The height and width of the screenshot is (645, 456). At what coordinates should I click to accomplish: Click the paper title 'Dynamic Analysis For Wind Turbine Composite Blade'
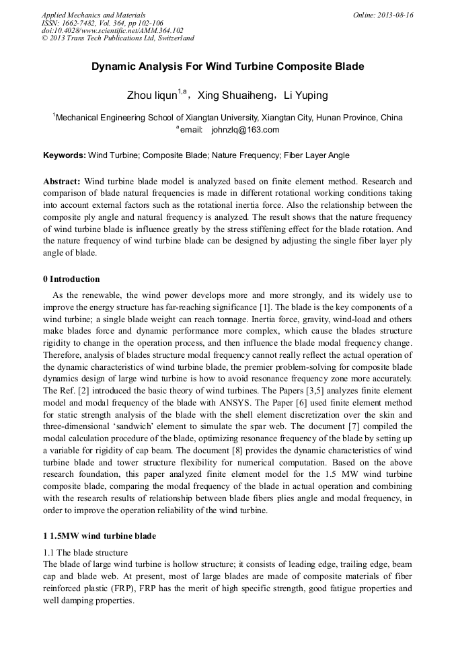coord(227,67)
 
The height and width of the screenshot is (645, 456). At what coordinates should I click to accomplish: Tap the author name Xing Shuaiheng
coord(233,96)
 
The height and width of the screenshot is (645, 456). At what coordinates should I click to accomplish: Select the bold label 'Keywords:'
coord(64,155)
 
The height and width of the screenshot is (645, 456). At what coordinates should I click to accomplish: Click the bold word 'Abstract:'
coord(62,182)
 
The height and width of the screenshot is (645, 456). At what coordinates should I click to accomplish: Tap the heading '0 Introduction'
coord(71,278)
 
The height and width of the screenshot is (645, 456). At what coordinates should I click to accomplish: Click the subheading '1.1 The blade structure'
coord(85,552)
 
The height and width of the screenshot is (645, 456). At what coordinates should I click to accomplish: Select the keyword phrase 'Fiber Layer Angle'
coord(316,155)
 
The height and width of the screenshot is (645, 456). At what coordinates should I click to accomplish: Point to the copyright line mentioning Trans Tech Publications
coord(118,38)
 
